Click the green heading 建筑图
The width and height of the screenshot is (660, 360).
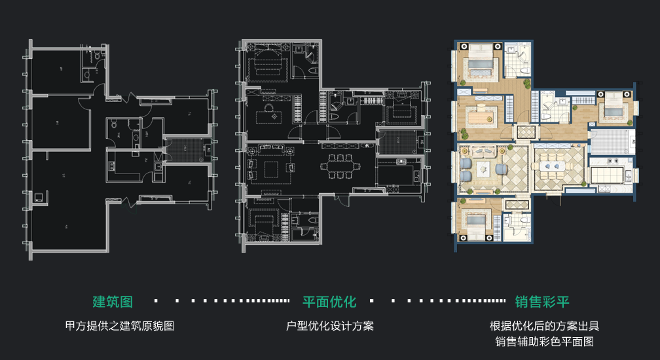pos(113,302)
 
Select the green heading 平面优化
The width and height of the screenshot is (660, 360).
pos(329,302)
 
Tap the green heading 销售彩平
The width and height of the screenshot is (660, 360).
pos(542,302)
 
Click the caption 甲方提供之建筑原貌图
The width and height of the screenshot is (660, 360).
pos(120,325)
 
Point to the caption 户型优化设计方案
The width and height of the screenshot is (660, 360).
pos(330,325)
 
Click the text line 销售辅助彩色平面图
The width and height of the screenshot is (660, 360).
pos(544,342)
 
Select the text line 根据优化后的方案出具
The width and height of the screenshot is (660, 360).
pos(544,325)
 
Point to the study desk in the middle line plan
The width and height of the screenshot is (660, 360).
pos(268,116)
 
